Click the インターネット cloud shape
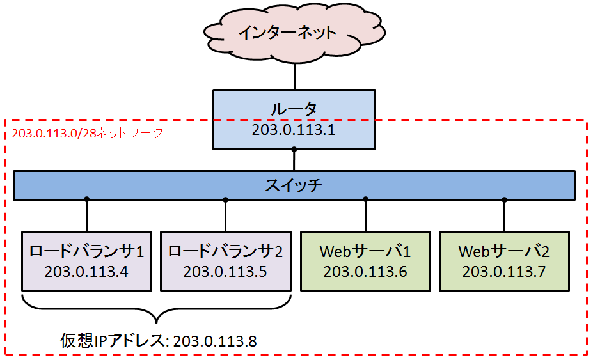[x=294, y=33]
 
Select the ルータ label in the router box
[x=294, y=109]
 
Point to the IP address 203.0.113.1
[x=294, y=130]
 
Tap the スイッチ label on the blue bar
[x=294, y=186]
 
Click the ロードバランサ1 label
[x=86, y=251]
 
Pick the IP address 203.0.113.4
[x=86, y=270]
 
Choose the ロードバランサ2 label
[x=225, y=251]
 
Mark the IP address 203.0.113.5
[x=225, y=270]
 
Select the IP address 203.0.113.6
[x=365, y=271]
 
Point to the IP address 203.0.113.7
[x=504, y=271]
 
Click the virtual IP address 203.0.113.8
[x=215, y=341]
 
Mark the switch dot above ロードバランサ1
[x=86, y=200]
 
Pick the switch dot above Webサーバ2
[x=504, y=200]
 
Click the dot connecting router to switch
[x=294, y=150]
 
